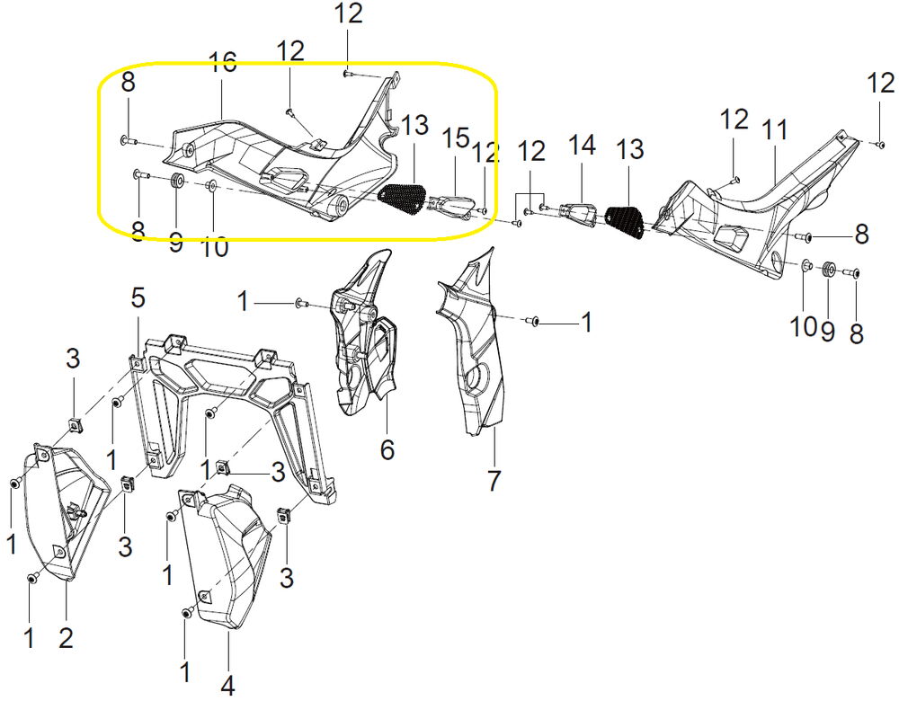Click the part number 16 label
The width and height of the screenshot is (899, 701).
[222, 63]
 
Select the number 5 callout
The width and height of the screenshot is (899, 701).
[138, 298]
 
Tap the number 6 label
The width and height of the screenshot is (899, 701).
[387, 449]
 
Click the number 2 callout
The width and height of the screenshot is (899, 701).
[66, 638]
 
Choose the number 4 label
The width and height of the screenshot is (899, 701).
[227, 685]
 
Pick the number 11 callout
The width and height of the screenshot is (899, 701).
[775, 130]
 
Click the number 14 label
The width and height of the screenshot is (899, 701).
[582, 145]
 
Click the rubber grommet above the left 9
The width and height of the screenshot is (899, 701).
[176, 182]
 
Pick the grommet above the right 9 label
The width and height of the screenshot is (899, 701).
[827, 270]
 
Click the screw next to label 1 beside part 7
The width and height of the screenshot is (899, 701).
[533, 321]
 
